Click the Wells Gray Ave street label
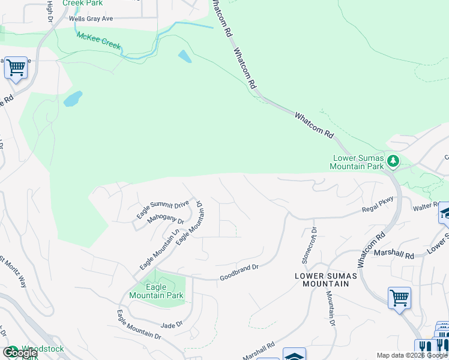tap(91, 19)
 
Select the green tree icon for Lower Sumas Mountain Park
tap(393, 160)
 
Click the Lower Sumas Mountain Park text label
tap(358, 162)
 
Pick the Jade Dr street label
tap(172, 325)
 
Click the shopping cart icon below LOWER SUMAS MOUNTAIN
tap(399, 298)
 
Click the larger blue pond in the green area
tap(73, 98)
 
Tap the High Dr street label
tap(49, 9)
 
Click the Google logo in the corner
tap(20, 353)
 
